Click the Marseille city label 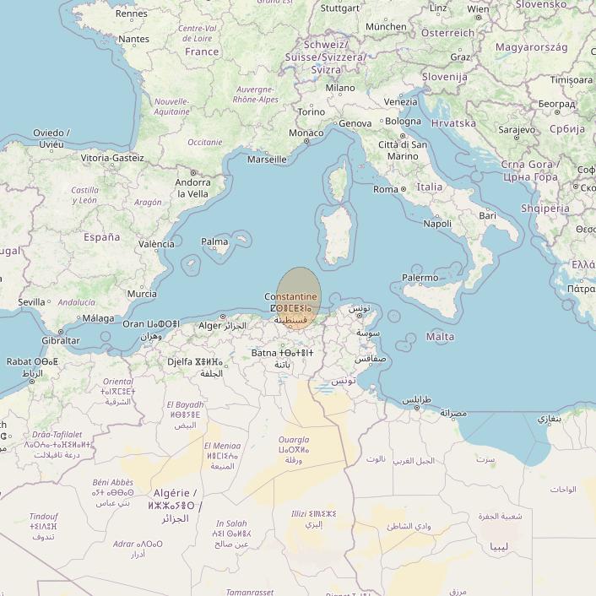[267, 159]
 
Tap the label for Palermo [420, 277]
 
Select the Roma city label [385, 189]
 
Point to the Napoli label [437, 224]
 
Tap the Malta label [440, 337]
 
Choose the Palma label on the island [214, 242]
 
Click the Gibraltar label [60, 341]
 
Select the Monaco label [306, 133]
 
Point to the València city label [156, 244]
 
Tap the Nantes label [133, 39]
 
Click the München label [386, 26]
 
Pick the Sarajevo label [517, 130]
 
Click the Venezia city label [400, 101]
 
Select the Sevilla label [31, 301]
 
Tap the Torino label [311, 111]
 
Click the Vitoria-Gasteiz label [112, 158]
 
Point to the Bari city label [487, 215]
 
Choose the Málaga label [98, 318]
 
